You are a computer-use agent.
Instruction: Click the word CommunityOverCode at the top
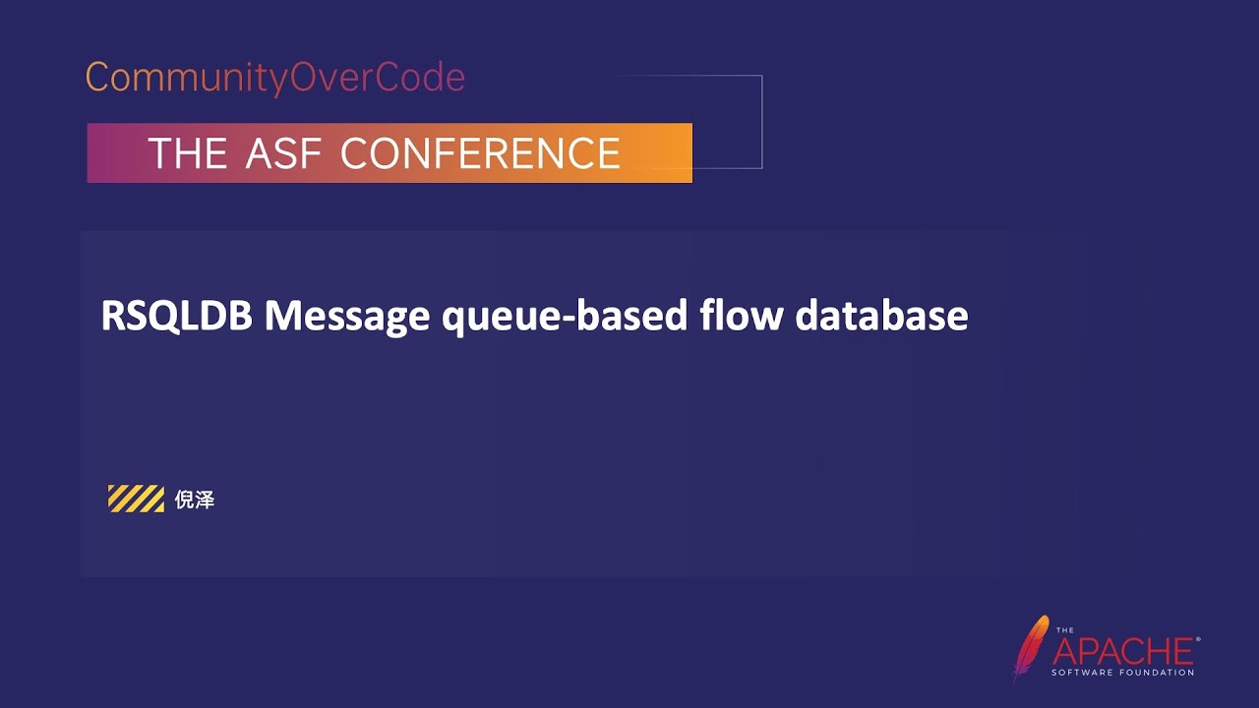click(x=275, y=78)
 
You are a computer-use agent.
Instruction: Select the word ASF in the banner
click(x=284, y=153)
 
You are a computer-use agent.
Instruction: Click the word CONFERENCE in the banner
click(x=480, y=153)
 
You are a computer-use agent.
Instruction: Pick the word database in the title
click(x=882, y=317)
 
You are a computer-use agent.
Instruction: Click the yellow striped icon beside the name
click(x=136, y=500)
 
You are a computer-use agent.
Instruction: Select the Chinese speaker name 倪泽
click(x=195, y=501)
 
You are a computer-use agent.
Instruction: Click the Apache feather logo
click(x=1030, y=646)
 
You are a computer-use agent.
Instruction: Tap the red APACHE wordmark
click(x=1123, y=651)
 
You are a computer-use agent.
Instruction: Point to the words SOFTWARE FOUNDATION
click(x=1123, y=673)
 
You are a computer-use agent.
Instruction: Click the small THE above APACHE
click(x=1065, y=630)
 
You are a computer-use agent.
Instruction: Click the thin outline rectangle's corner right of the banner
click(x=761, y=76)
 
